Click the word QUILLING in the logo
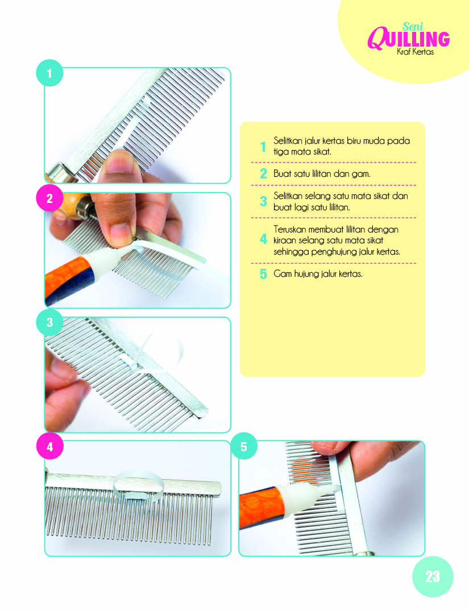tap(409, 39)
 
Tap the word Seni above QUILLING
tap(413, 27)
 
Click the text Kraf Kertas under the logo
tap(415, 52)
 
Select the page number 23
tap(433, 577)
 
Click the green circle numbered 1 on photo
tap(49, 73)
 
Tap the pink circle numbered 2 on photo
tap(49, 198)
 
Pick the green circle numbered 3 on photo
tap(49, 322)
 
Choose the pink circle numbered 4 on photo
tap(49, 446)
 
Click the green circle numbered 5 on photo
tap(244, 446)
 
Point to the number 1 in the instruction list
tap(264, 147)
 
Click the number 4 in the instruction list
tap(264, 239)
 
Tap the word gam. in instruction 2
tap(360, 174)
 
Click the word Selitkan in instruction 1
tap(288, 140)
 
